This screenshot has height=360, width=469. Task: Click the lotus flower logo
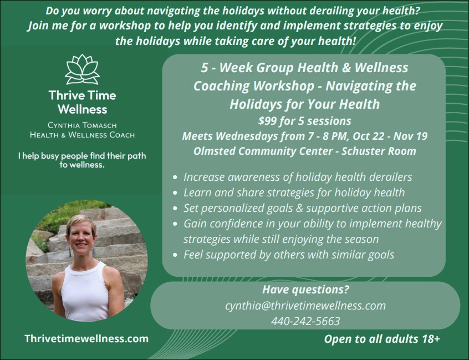[x=82, y=69]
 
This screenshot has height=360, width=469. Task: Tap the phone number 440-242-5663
[x=305, y=321]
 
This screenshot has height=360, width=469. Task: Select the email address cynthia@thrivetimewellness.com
[x=305, y=306]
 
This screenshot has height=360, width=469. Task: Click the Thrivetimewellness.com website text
[x=86, y=338]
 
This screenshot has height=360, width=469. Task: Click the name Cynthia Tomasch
[x=82, y=125]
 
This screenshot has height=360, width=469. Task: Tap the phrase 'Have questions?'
[x=305, y=290]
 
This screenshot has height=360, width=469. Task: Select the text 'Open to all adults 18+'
[x=382, y=339]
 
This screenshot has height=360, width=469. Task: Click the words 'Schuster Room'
[x=379, y=151]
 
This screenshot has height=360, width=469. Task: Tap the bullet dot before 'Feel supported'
[x=175, y=255]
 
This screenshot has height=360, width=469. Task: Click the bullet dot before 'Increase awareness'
[x=175, y=177]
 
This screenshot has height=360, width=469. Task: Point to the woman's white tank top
[x=85, y=293]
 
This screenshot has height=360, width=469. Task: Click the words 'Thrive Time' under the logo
[x=82, y=95]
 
